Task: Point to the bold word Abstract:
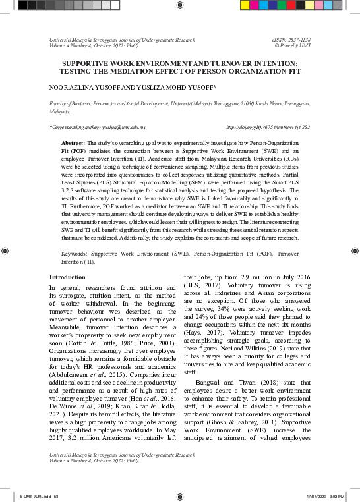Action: (x=74, y=143)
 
